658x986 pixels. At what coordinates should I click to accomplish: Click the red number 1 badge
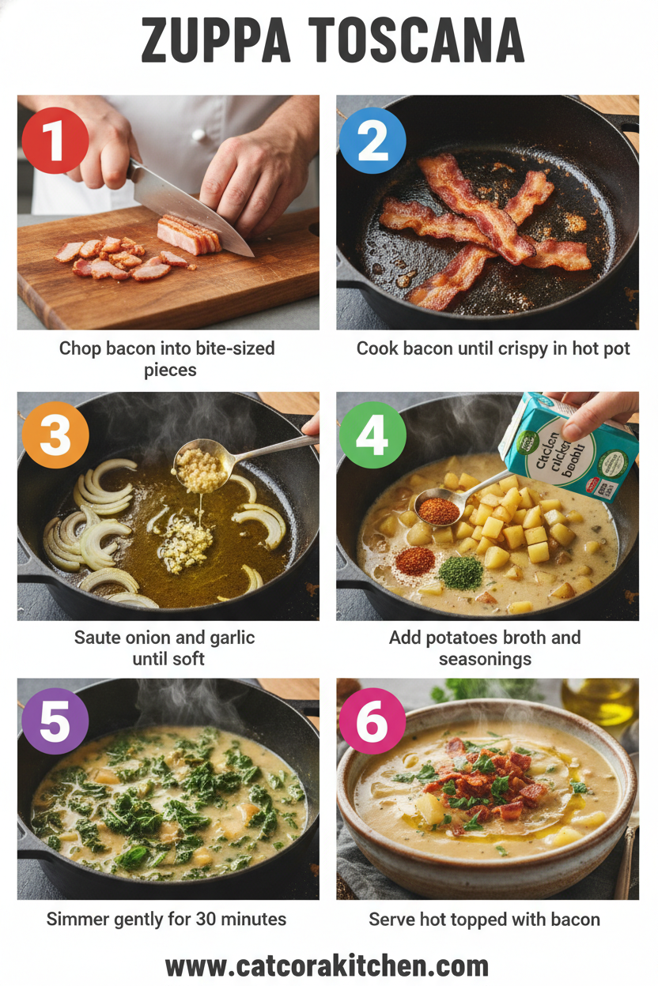[x=55, y=141]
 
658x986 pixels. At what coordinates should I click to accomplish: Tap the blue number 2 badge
[x=372, y=141]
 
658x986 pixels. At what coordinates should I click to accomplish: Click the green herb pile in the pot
[x=460, y=572]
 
